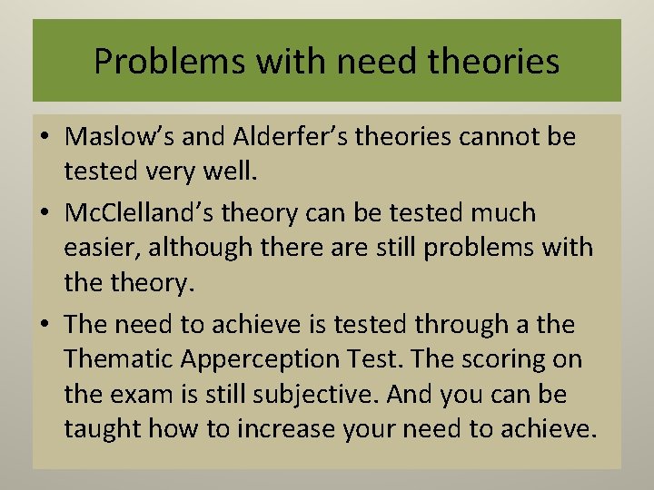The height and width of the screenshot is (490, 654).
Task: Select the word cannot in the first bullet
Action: (490, 137)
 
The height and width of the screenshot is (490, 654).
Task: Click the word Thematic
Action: (118, 359)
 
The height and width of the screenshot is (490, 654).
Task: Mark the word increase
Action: (286, 427)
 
